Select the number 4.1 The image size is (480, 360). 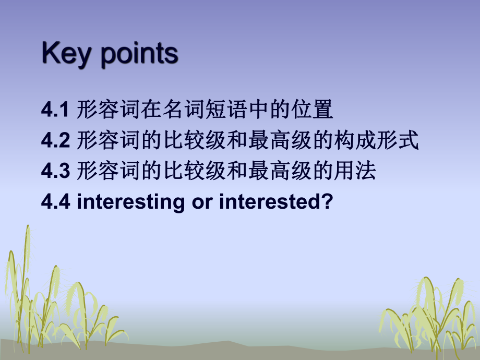55,111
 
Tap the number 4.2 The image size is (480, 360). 55,141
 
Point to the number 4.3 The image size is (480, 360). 55,171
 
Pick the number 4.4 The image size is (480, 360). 55,201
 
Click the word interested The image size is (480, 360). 271,201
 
